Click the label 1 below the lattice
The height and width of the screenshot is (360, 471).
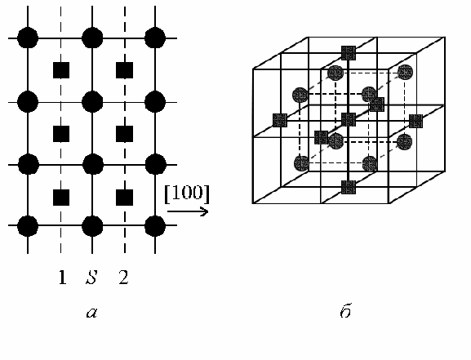[62, 277]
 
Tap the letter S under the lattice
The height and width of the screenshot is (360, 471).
[91, 277]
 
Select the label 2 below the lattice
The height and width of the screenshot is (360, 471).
[124, 277]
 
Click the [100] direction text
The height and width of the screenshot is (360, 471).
[187, 193]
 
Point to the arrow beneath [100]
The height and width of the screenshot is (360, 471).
[188, 211]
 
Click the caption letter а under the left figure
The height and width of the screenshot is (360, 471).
[91, 313]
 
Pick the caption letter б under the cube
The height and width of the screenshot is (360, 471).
[346, 311]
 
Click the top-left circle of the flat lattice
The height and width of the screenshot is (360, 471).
[28, 38]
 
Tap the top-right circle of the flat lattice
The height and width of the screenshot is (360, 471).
[155, 38]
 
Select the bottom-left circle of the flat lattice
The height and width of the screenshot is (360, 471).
[28, 225]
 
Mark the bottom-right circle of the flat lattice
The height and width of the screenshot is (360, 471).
[155, 225]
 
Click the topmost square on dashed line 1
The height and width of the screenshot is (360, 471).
[61, 70]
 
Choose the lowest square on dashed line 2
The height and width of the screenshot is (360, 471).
[125, 198]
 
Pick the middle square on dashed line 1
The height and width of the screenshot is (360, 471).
[61, 134]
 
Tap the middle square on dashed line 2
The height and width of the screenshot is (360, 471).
[125, 134]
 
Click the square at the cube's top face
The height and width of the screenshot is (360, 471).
[349, 53]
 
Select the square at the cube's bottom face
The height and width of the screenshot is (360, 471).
[349, 187]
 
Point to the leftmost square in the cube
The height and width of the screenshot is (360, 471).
[280, 120]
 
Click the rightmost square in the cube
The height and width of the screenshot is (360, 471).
[415, 121]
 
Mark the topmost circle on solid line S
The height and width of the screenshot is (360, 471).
[92, 38]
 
